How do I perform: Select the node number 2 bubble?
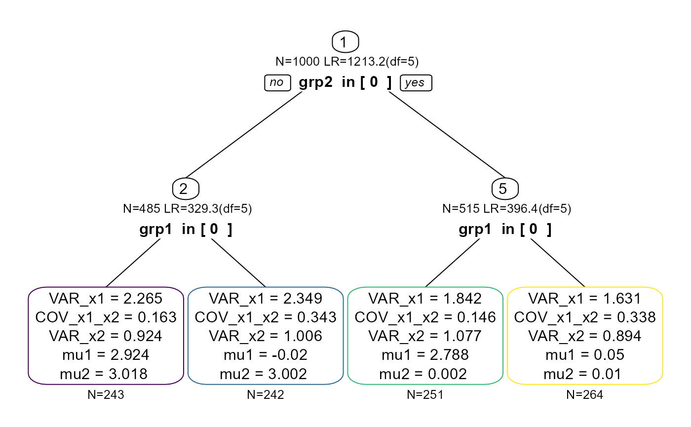pos(185,189)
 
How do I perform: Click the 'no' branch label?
pos(277,82)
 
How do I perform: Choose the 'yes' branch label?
pos(415,82)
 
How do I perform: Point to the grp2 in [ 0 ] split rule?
pos(345,82)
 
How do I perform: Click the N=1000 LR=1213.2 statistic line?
pos(345,62)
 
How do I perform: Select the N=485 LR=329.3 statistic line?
pos(186,209)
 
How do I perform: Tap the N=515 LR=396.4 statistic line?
pos(505,209)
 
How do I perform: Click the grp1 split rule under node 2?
pos(186,229)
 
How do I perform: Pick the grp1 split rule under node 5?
pos(505,229)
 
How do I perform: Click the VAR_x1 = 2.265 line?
pos(106,298)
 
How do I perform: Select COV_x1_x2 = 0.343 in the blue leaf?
pos(266,317)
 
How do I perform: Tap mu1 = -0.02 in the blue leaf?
pos(266,355)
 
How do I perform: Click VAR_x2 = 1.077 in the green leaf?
pos(425,336)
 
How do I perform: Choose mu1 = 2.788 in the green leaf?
pos(425,355)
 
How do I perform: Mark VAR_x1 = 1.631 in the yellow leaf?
pos(585,298)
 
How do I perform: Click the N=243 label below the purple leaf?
pos(106,394)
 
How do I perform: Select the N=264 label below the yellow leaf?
pos(585,394)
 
